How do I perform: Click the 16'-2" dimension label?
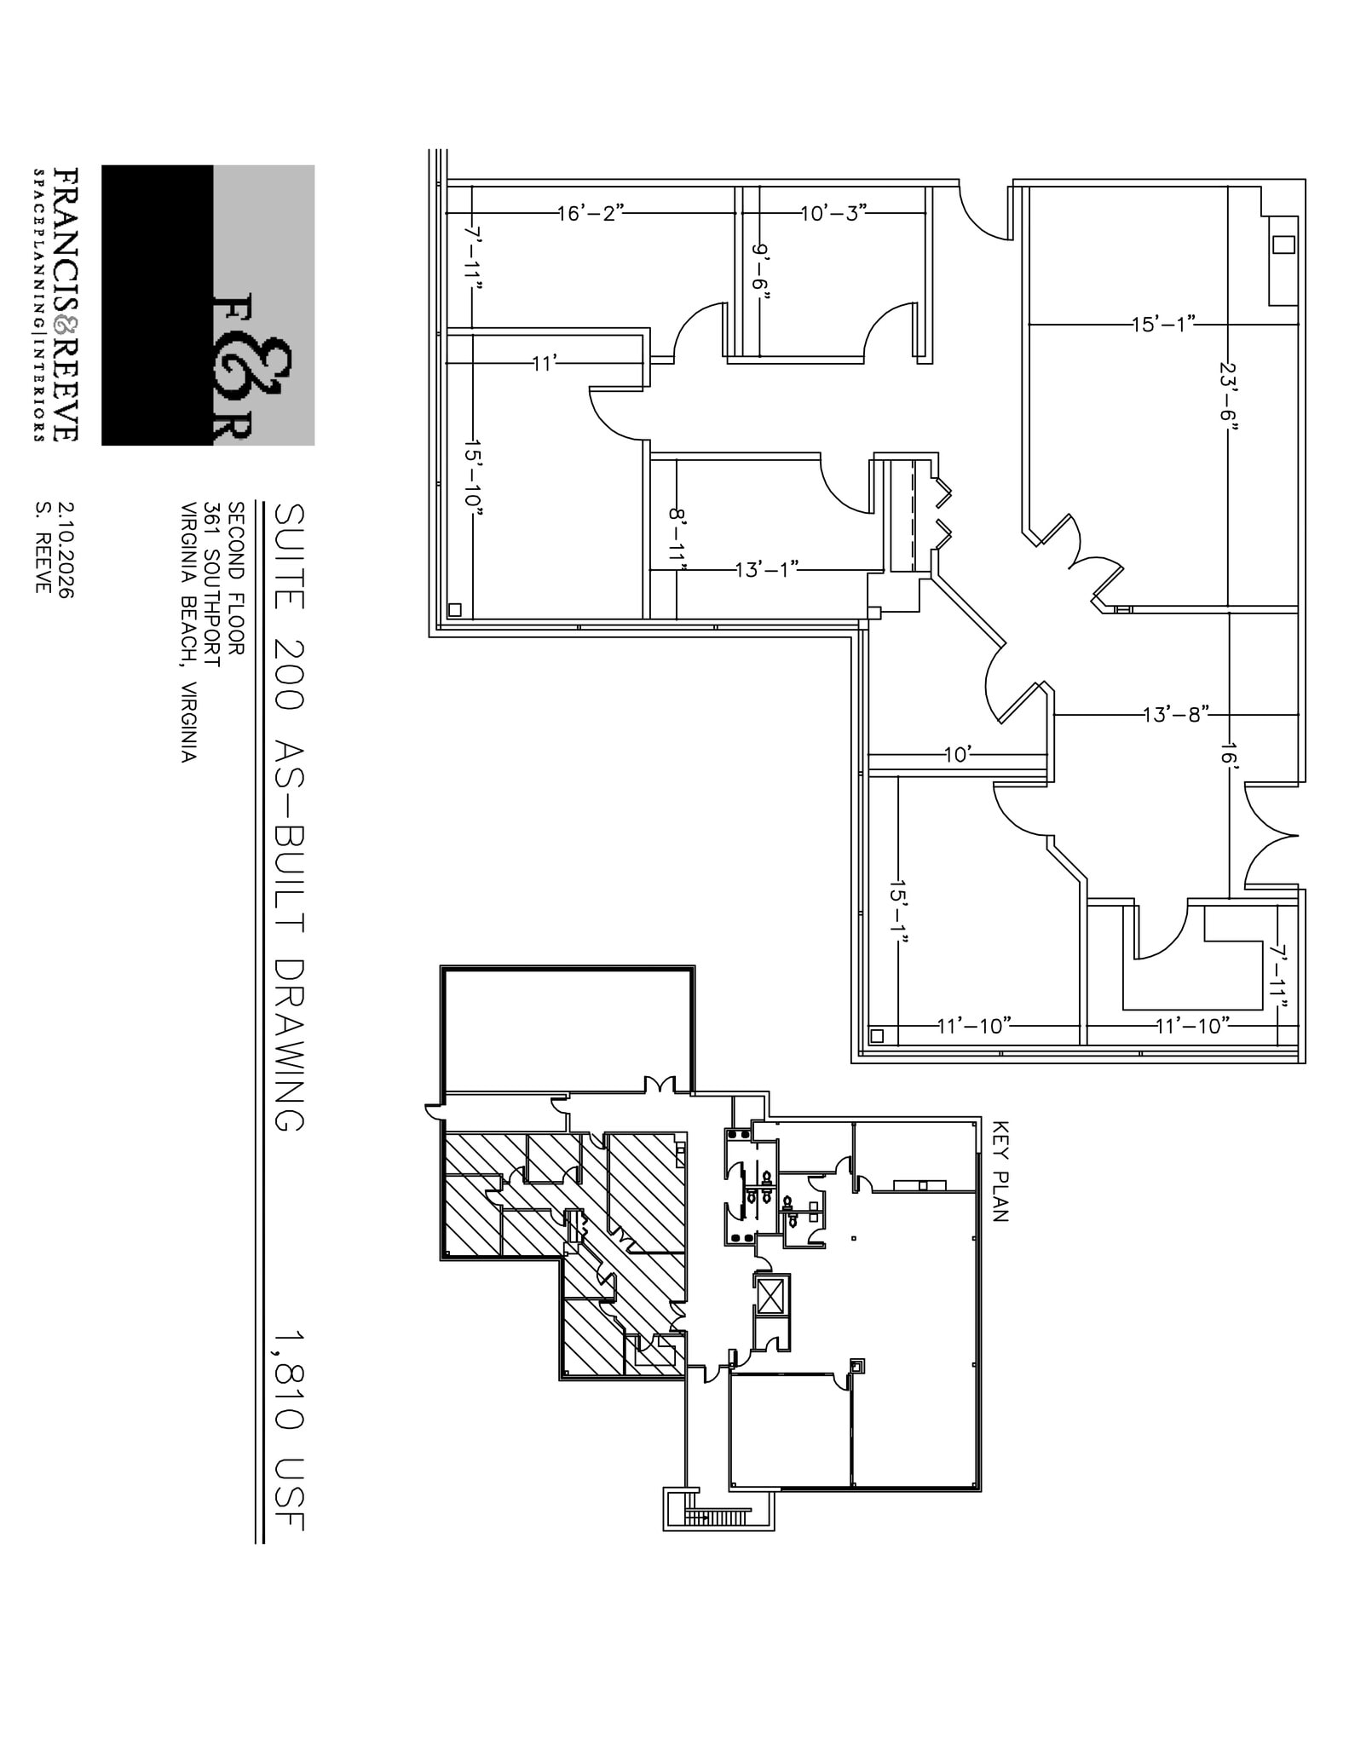coord(591,213)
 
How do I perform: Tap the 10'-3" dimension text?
coord(833,212)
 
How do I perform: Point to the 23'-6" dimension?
coord(1228,397)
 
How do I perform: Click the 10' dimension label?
coord(958,755)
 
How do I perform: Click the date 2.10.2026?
coord(66,550)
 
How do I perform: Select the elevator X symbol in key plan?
coord(770,1299)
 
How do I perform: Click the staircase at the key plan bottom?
coord(721,1518)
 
